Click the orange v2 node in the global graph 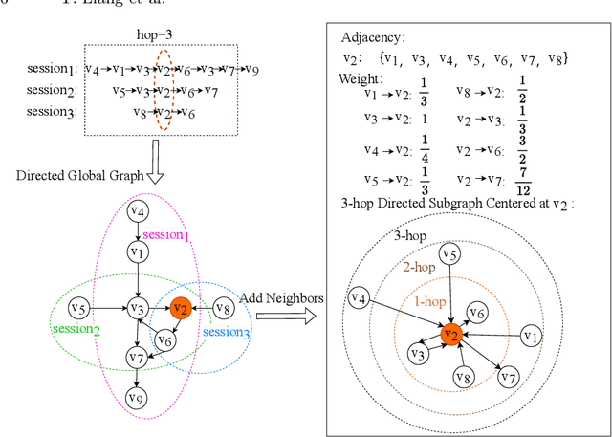179,308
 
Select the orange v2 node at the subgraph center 451,334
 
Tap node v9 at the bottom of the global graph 137,399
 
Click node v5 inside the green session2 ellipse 79,308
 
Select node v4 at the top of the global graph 137,211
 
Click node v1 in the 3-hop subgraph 533,337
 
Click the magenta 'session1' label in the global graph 173,236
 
